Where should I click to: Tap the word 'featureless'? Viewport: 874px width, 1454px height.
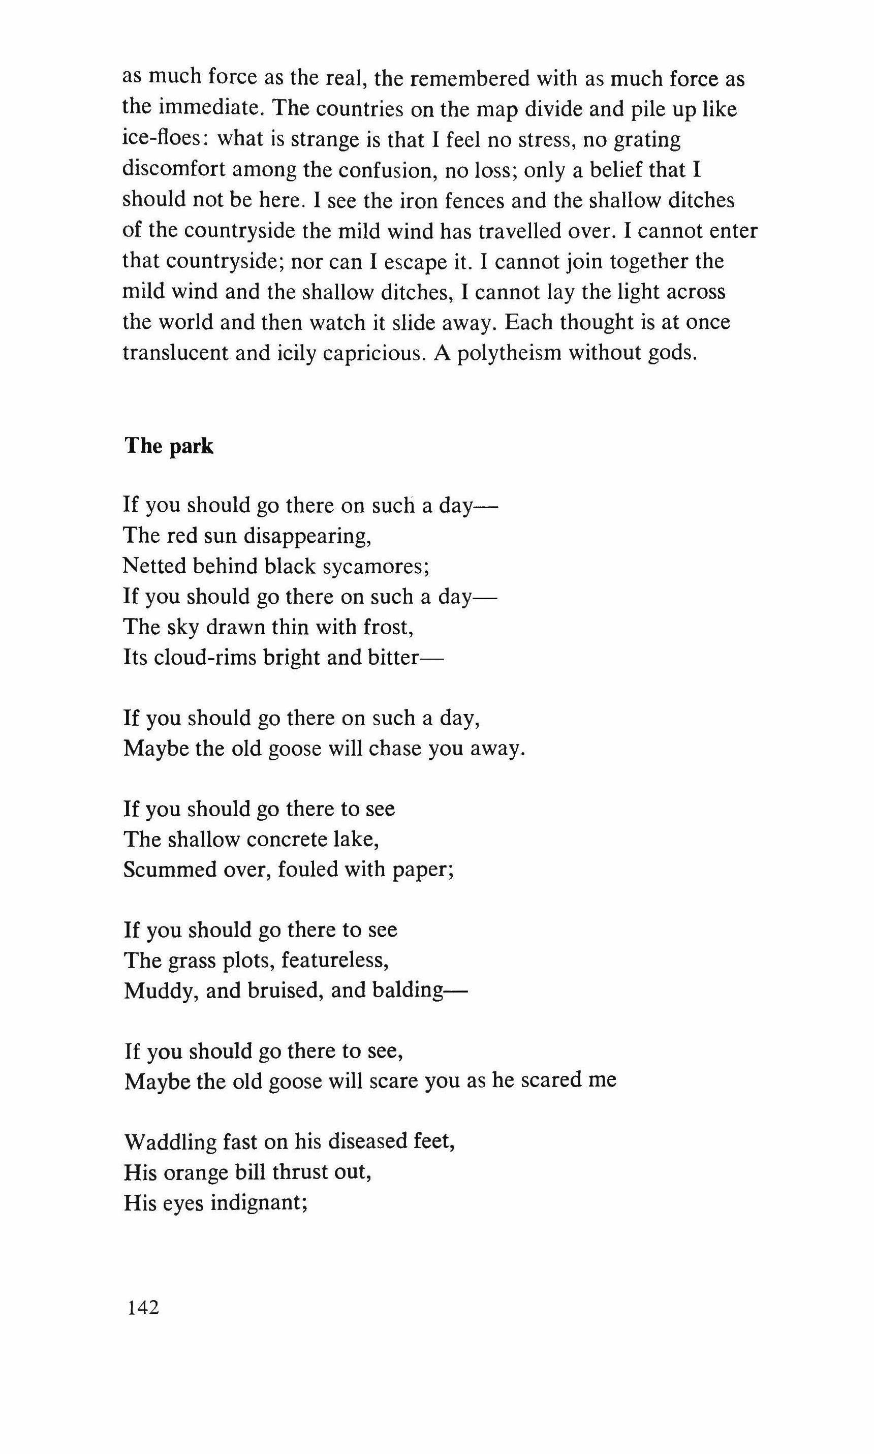334,961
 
